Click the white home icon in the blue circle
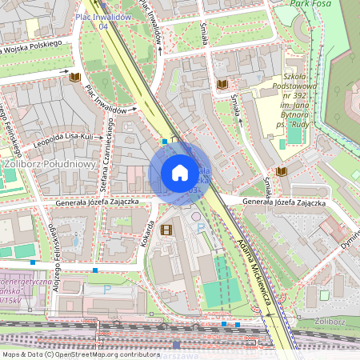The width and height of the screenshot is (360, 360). coord(180,173)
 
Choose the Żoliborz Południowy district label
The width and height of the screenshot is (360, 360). coord(50,165)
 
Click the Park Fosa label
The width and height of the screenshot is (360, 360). coord(310,4)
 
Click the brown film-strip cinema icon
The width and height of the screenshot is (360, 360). coord(166,230)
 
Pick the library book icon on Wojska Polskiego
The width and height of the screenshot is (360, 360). coord(75,77)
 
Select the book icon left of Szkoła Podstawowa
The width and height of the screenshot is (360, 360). coord(222,83)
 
